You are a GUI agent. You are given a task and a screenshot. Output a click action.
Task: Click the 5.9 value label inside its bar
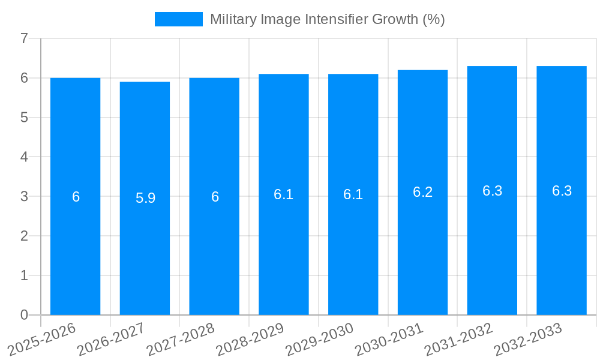(145, 198)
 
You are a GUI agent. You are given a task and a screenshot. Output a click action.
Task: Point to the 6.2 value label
(422, 192)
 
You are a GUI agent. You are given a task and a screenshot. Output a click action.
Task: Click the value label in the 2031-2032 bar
(492, 191)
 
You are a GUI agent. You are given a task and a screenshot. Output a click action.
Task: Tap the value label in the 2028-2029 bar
(283, 194)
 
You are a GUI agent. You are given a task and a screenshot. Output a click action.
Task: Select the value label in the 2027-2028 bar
(215, 197)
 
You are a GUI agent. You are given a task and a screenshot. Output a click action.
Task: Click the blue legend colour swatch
(178, 19)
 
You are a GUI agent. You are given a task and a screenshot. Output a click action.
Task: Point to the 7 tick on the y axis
(24, 39)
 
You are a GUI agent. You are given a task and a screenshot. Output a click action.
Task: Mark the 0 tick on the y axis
(24, 315)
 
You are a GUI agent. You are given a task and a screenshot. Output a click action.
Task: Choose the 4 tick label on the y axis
(24, 157)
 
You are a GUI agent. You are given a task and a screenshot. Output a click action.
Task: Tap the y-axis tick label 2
(24, 236)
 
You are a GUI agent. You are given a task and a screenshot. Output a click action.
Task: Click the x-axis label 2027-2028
(181, 340)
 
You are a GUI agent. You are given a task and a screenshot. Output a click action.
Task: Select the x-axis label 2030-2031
(389, 340)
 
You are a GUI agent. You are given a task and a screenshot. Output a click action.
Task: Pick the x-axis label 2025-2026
(41, 340)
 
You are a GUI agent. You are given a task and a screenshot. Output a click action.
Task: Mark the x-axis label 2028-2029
(250, 340)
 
